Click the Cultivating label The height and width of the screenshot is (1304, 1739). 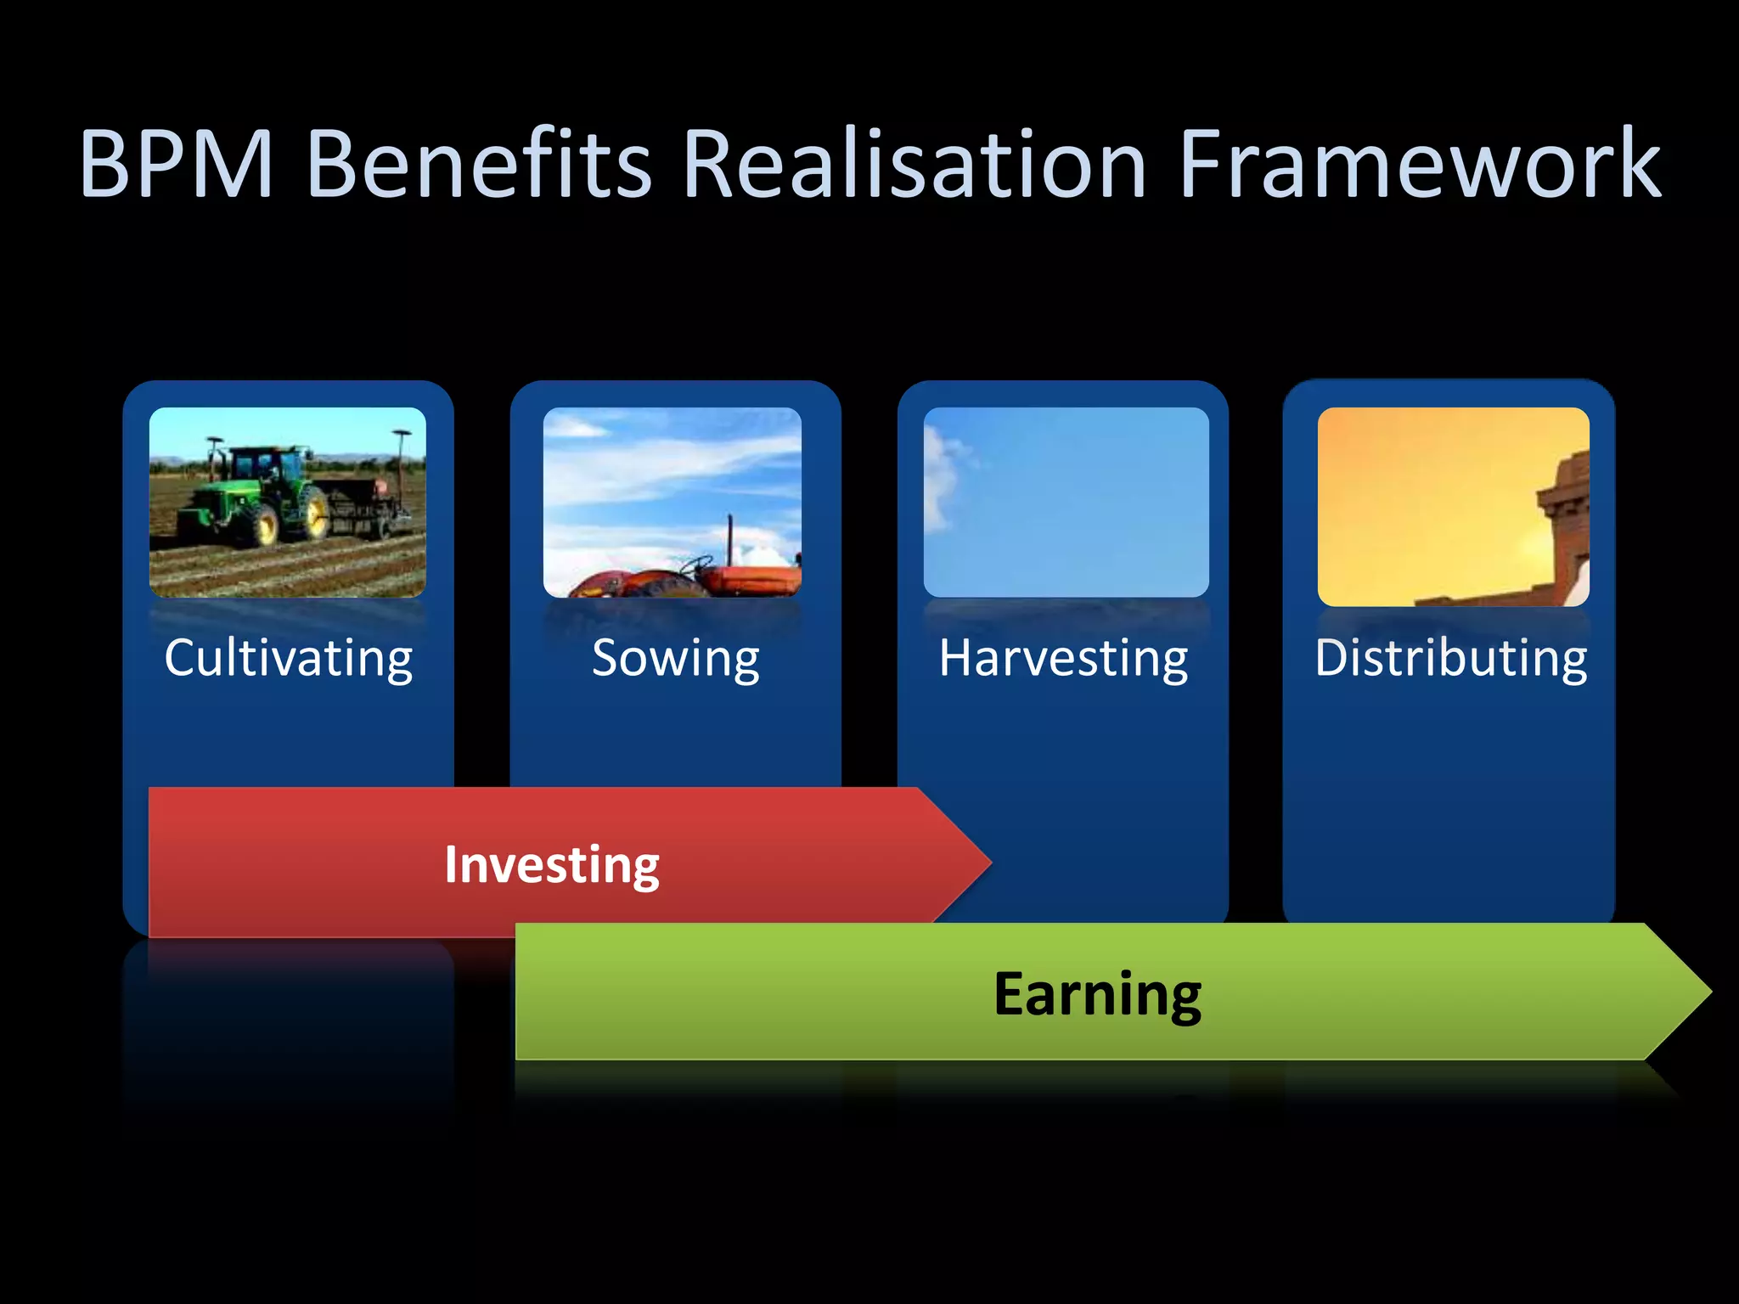coord(289,659)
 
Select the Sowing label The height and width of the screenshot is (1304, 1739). coord(675,659)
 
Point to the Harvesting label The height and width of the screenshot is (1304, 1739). coord(1063,659)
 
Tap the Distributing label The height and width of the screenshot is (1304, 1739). coord(1450,659)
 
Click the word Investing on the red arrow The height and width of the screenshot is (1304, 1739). coord(552,865)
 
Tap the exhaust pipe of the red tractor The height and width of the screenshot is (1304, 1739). coord(729,539)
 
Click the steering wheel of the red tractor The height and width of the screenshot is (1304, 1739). coord(698,563)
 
